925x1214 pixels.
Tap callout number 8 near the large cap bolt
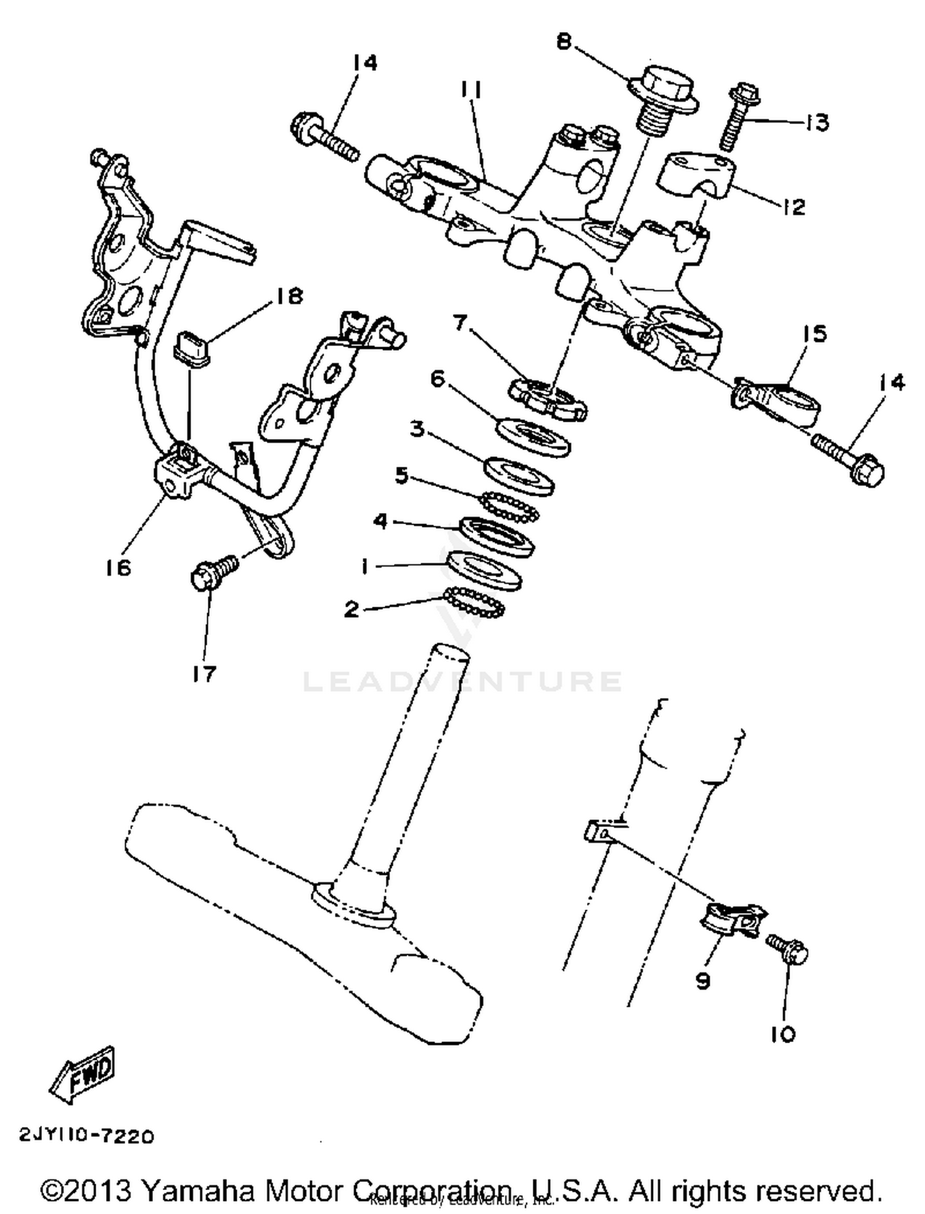point(564,41)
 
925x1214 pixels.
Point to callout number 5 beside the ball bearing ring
point(402,475)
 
